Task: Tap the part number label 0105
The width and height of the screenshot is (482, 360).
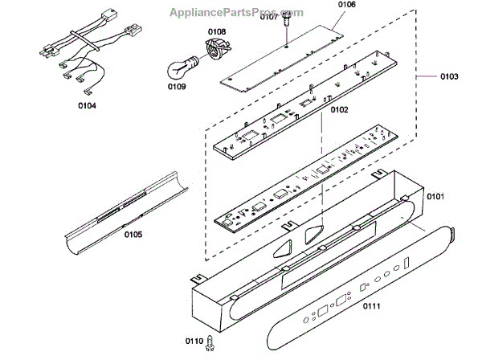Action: coord(133,235)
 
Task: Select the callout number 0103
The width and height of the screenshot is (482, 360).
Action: coord(449,77)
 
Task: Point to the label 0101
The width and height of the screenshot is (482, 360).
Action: coord(436,195)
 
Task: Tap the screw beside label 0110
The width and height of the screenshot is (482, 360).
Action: coord(210,342)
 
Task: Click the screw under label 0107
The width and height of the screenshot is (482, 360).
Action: coord(286,30)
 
